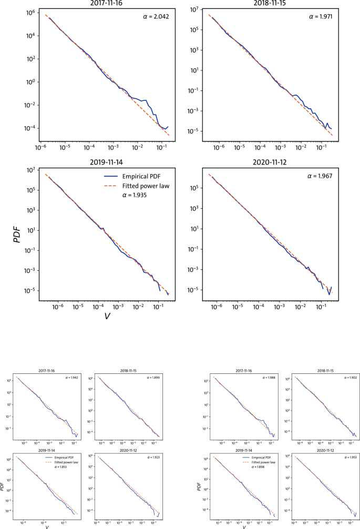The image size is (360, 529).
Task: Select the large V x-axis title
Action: click(107, 316)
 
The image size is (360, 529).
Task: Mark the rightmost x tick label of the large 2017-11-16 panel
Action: click(160, 148)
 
